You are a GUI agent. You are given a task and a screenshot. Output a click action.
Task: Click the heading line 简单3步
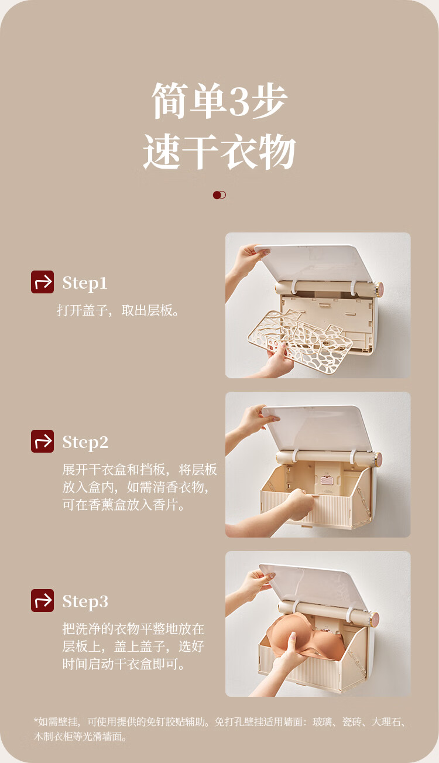220,101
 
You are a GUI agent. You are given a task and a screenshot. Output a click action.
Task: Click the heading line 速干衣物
219,151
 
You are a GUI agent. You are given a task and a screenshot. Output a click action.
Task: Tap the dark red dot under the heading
217,195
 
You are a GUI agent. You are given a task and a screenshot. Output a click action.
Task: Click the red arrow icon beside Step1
42,282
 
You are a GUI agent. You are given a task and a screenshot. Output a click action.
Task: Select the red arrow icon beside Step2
42,441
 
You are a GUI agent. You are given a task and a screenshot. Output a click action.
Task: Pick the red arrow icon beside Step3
42,600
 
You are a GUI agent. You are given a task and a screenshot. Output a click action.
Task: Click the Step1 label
85,283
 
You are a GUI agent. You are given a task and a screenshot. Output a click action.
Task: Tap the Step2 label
85,442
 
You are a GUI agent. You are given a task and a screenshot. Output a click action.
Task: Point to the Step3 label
85,601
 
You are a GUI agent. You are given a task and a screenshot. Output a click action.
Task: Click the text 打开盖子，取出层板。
118,310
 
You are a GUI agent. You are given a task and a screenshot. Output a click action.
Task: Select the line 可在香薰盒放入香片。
124,505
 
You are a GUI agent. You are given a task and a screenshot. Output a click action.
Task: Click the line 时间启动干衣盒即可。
124,664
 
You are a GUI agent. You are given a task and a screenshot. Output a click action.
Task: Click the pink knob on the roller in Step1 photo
379,289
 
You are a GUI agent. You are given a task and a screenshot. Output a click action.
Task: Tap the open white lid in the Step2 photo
313,428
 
